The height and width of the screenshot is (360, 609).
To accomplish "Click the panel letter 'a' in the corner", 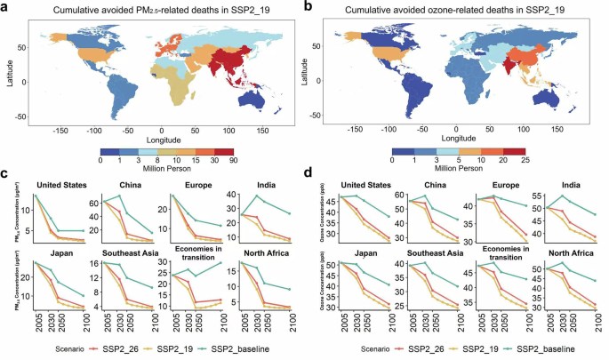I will point(6,6).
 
